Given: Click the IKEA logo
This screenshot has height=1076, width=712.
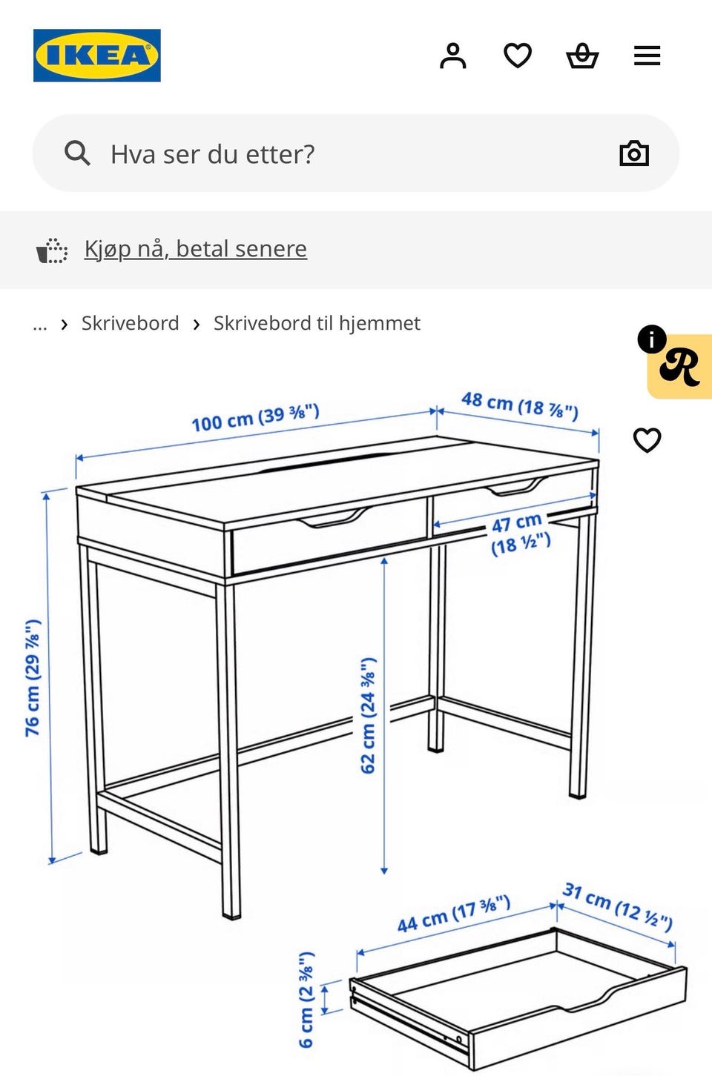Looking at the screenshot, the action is [x=96, y=56].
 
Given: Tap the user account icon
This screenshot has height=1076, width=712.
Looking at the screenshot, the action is [x=453, y=56].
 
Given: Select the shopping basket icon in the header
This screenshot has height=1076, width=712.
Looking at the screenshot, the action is [x=582, y=56].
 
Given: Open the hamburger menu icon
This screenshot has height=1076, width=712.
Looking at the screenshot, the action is [x=647, y=56].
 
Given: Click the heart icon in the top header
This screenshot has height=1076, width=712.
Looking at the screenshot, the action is [x=517, y=56].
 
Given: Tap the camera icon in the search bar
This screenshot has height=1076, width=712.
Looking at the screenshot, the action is [x=634, y=153].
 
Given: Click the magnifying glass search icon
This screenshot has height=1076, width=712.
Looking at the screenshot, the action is [x=77, y=153].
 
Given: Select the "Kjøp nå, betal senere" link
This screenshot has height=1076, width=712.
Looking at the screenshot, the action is [x=195, y=249].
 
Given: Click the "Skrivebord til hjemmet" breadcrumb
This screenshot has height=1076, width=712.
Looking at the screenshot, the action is [x=317, y=323].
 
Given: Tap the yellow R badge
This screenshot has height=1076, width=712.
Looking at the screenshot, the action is [x=680, y=366].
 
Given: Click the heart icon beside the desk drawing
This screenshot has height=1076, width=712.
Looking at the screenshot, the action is [x=647, y=440].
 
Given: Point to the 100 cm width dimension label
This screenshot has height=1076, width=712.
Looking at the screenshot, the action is [x=255, y=417].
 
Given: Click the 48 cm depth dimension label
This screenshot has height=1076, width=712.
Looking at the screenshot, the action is [x=520, y=405].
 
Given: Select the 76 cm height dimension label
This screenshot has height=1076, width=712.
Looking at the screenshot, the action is [x=33, y=678].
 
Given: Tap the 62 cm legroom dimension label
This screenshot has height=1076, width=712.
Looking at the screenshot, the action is [x=369, y=715].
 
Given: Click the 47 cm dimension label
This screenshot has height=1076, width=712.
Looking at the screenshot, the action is [x=520, y=534].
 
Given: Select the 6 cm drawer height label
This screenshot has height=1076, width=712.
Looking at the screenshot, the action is [x=306, y=999].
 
